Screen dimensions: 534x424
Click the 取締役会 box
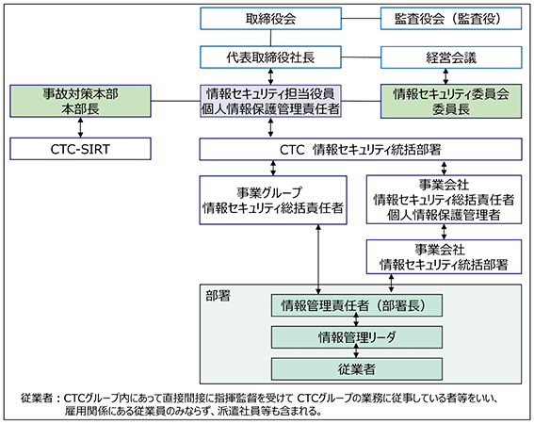(x=270, y=19)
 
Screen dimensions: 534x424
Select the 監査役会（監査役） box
(x=451, y=19)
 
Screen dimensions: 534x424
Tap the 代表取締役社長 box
(x=270, y=57)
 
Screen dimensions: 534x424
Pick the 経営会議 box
(x=451, y=57)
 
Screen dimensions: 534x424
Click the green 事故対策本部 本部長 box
(x=80, y=101)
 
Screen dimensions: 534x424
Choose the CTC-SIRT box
(x=80, y=149)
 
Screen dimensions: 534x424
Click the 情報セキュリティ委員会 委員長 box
(x=451, y=101)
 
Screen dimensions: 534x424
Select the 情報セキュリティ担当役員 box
(x=270, y=101)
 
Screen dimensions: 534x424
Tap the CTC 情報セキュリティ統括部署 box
(x=361, y=149)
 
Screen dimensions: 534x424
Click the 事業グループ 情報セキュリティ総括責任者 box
(x=273, y=200)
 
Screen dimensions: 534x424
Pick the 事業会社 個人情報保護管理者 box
(x=444, y=200)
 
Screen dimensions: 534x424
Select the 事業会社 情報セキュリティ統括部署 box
(x=444, y=257)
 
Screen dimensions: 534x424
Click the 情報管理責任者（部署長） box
(x=357, y=305)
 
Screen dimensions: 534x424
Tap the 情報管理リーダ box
(x=357, y=337)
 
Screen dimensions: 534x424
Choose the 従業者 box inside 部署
(x=357, y=369)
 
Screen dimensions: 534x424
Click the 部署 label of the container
(x=218, y=296)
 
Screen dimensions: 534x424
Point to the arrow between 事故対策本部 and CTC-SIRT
(x=80, y=128)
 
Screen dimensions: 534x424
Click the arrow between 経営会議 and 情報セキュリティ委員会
(x=445, y=76)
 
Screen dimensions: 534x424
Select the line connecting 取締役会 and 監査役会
(x=361, y=19)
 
